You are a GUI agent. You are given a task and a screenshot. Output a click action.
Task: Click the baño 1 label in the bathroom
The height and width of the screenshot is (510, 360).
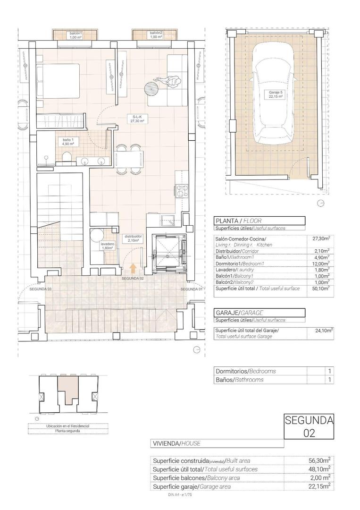tap(68, 142)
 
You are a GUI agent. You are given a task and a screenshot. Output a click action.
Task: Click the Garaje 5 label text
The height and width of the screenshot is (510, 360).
tap(276, 94)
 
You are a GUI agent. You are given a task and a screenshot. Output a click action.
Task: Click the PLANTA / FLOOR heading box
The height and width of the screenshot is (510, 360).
tap(259, 221)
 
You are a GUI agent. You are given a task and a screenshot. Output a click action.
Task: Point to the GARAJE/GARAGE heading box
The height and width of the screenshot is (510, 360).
tap(259, 313)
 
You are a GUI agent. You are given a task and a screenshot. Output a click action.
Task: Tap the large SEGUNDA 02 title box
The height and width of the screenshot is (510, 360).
tap(309, 427)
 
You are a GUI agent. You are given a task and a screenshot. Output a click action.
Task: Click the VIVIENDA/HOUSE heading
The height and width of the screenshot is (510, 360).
tap(217, 444)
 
